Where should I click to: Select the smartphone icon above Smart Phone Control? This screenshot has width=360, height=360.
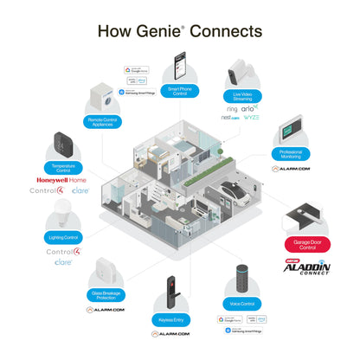click(180, 65)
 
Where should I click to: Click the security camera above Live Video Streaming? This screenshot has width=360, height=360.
click(239, 74)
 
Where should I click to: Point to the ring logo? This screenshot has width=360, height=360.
click(233, 110)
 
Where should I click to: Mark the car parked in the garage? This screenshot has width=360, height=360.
click(235, 190)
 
